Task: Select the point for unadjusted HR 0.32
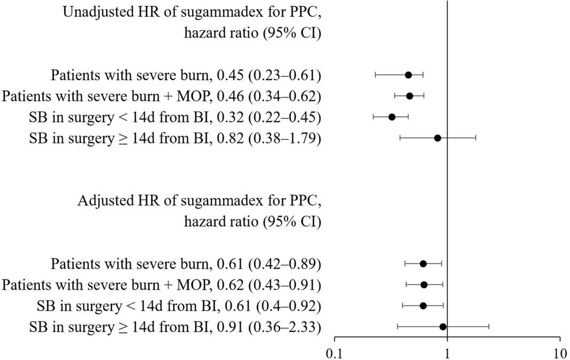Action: (392, 117)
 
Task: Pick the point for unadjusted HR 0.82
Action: (438, 138)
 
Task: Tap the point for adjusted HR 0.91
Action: (443, 327)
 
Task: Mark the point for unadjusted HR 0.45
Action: (408, 75)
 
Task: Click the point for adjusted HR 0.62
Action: (424, 285)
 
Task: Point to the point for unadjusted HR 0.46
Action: (410, 96)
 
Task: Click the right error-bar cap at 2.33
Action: (489, 327)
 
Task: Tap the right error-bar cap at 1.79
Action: (476, 138)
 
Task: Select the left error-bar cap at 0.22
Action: (373, 117)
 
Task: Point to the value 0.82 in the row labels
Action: (230, 139)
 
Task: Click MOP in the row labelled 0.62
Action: (194, 285)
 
